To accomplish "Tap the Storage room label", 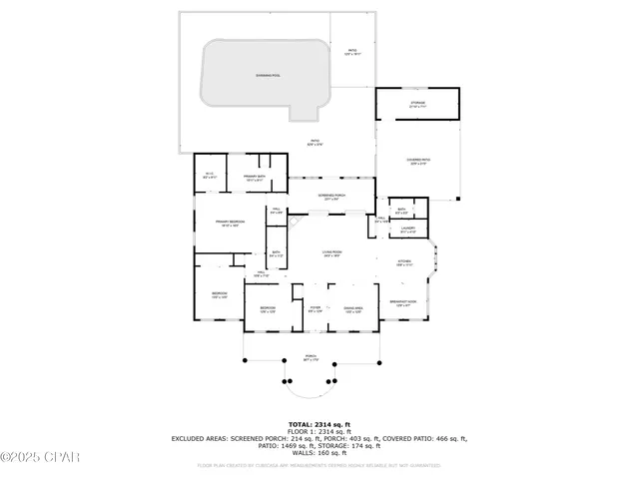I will click(x=417, y=103).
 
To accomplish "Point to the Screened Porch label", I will click(x=331, y=197).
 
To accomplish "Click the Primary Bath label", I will click(x=255, y=179).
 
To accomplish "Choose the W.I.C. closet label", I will click(x=210, y=178).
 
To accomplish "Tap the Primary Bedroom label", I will click(x=230, y=224).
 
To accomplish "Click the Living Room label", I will click(x=331, y=253).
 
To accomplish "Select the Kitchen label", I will click(x=404, y=263).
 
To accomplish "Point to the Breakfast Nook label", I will click(x=403, y=302).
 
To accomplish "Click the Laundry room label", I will click(x=407, y=231).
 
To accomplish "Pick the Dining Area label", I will click(x=351, y=310).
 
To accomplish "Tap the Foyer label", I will click(x=315, y=310).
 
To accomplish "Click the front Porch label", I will click(x=311, y=358).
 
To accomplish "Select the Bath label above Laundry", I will click(x=400, y=211).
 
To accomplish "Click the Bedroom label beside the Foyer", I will click(x=268, y=310).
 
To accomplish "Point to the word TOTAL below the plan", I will click(x=301, y=424).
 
